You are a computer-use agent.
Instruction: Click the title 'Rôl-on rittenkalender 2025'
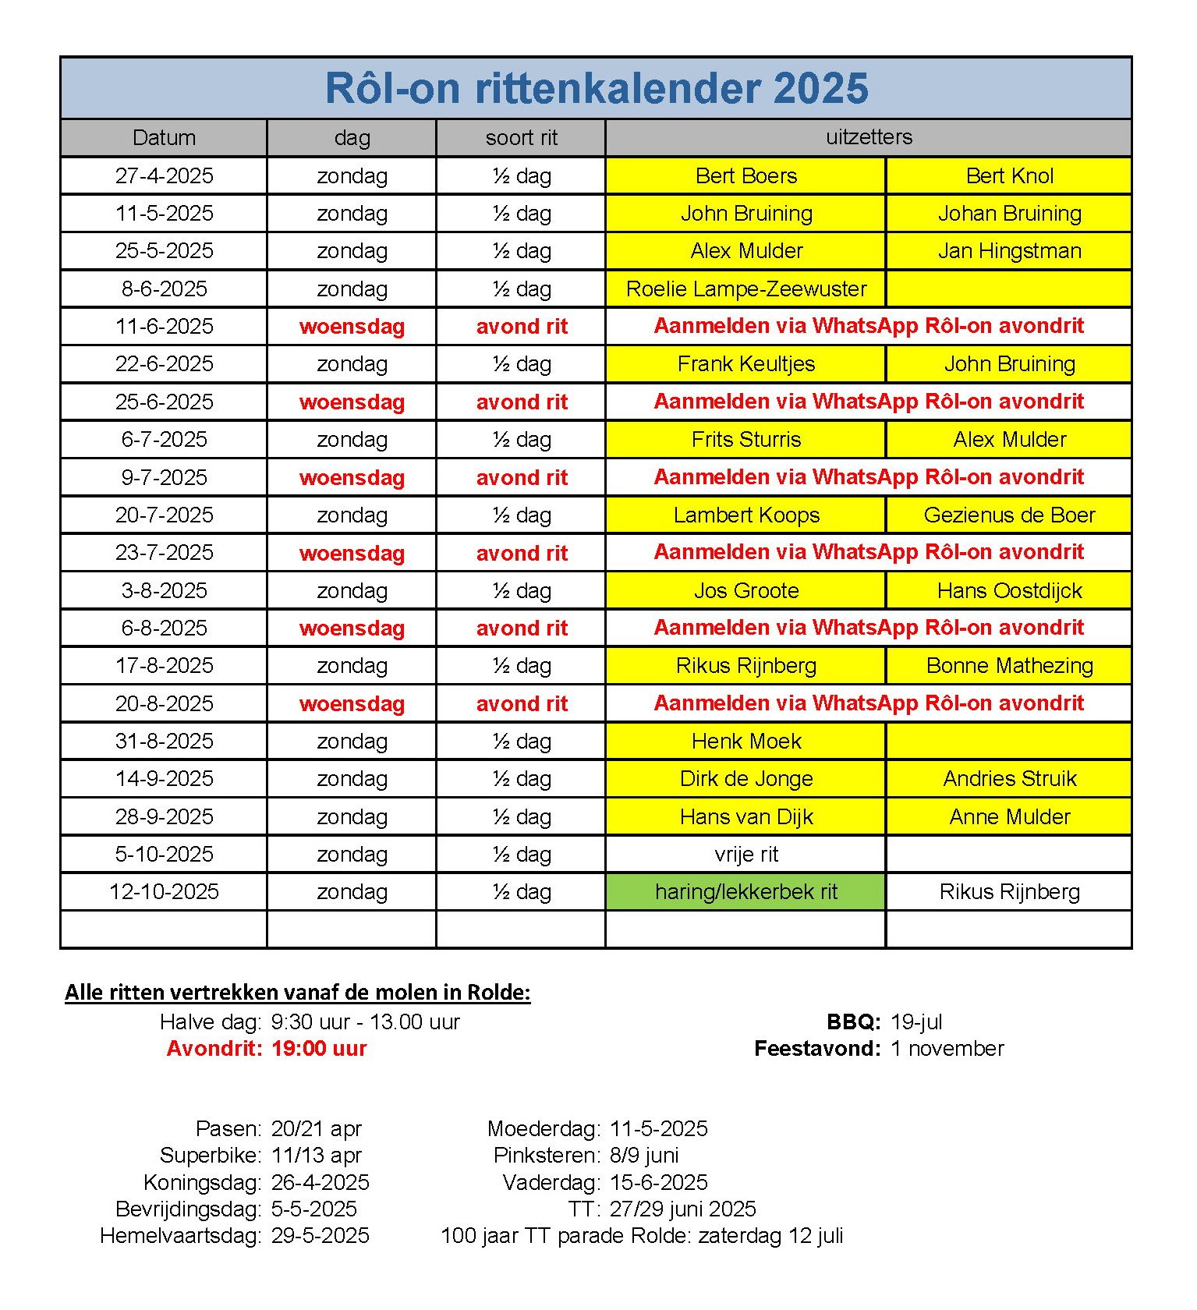click(597, 88)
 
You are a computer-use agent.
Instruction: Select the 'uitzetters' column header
click(869, 137)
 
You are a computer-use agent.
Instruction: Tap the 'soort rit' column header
click(521, 138)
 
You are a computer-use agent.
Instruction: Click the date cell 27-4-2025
click(164, 175)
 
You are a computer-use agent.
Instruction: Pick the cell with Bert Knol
click(1009, 175)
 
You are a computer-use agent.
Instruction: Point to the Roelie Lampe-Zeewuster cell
click(746, 289)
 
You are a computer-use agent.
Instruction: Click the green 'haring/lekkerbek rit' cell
click(746, 892)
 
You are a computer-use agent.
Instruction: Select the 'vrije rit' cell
click(746, 855)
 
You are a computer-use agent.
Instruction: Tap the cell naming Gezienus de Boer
click(1009, 515)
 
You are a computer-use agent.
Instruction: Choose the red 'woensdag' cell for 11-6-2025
click(352, 327)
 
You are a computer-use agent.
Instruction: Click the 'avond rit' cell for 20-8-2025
click(521, 704)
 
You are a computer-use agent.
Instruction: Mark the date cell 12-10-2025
click(164, 892)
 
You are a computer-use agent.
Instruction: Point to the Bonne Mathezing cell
click(1009, 666)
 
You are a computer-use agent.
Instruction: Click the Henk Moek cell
click(746, 742)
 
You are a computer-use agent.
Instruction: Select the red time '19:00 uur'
click(319, 1049)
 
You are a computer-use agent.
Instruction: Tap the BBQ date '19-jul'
click(916, 1022)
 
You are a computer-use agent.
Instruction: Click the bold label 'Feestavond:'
click(817, 1049)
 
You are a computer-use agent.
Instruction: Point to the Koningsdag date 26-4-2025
click(320, 1183)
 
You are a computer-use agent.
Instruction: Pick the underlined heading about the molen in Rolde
click(297, 993)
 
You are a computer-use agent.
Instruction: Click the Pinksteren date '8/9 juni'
click(644, 1156)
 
